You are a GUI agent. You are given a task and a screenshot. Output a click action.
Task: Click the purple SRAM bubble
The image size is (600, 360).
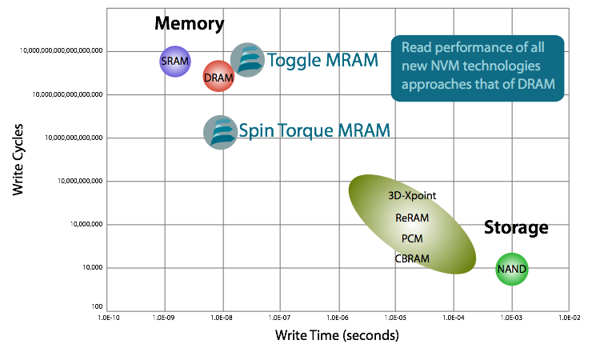(175, 61)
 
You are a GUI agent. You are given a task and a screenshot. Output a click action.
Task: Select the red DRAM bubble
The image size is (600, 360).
(218, 77)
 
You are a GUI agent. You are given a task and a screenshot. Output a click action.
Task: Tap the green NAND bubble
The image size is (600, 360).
(512, 269)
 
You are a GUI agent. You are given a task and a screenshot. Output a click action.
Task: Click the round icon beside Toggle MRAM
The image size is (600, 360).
(247, 60)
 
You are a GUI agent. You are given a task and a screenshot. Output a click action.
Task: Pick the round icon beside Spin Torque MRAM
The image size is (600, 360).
(220, 132)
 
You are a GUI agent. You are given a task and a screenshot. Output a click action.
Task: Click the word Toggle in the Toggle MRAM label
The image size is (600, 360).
(292, 61)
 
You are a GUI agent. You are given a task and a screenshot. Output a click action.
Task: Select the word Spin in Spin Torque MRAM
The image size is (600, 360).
(255, 130)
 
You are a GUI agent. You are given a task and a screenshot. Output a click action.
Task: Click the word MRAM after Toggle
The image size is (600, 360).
(350, 60)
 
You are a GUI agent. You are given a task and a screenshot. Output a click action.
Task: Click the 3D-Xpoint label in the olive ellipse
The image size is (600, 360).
(409, 195)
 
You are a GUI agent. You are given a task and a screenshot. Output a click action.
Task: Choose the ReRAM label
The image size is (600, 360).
(412, 217)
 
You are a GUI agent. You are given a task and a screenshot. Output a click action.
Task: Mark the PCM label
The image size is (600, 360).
(412, 238)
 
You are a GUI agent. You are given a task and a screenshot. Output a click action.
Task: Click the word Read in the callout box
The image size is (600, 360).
(416, 47)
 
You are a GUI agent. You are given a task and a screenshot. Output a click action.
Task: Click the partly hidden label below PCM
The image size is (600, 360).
(413, 258)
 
